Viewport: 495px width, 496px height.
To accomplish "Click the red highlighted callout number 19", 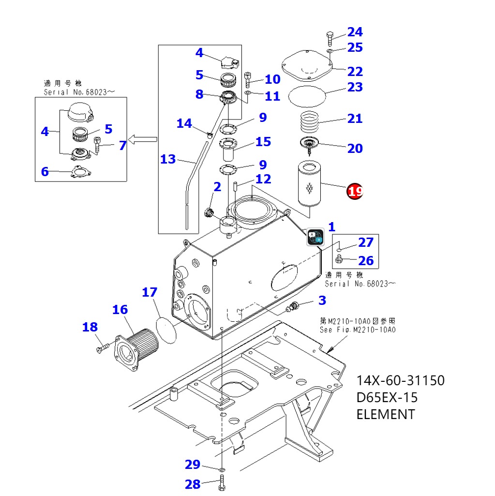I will tap(355, 191).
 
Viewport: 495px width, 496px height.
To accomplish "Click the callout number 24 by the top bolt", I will tap(355, 32).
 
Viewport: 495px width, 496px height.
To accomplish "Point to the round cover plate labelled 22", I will tap(307, 67).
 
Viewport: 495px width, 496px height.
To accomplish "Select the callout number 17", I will tap(150, 292).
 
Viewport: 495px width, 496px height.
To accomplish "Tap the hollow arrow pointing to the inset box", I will tap(145, 140).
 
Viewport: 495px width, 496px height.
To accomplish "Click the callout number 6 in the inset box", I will tap(45, 171).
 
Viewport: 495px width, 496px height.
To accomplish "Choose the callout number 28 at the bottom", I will tap(193, 484).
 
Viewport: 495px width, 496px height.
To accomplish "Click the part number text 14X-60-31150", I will tap(400, 380).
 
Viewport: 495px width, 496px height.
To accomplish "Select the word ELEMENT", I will tap(385, 414).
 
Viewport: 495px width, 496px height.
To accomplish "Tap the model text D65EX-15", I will tap(387, 397).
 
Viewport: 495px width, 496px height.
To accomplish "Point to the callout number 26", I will tap(366, 261).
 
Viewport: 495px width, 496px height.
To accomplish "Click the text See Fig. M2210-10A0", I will tap(358, 330).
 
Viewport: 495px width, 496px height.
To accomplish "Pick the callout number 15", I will tap(263, 142).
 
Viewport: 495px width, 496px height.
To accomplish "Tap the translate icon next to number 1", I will tap(315, 237).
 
